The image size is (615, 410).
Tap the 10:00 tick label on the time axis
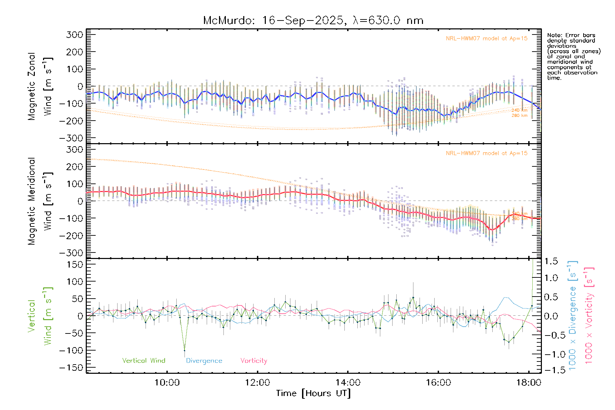(x=167, y=382)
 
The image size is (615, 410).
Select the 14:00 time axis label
(x=348, y=382)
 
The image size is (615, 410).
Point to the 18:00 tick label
(x=528, y=382)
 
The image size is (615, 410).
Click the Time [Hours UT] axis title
(x=313, y=394)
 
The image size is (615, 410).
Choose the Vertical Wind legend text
(x=143, y=360)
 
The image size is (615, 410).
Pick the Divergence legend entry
(x=204, y=360)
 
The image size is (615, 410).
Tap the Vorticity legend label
(x=254, y=360)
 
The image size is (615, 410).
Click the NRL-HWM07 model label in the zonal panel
(x=486, y=39)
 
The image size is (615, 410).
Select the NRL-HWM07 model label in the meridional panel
(x=486, y=153)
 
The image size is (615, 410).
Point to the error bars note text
(x=573, y=56)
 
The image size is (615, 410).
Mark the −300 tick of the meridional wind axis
(x=71, y=253)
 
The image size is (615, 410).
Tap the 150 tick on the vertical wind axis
(x=75, y=264)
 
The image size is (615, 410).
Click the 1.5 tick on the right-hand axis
(x=551, y=261)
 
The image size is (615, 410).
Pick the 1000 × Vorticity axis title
(x=589, y=315)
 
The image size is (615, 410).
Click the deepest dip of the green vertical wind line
(x=184, y=351)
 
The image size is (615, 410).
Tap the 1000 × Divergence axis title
(x=573, y=315)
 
